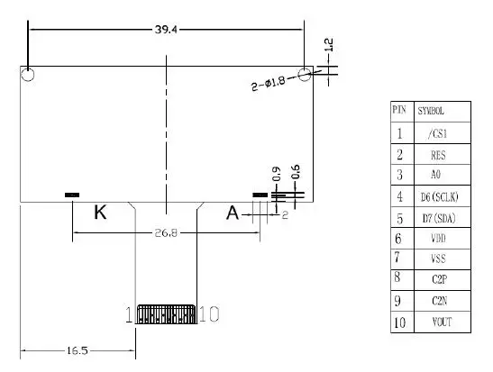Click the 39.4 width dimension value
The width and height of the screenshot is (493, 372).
[x=166, y=30]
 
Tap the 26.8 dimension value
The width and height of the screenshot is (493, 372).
[x=166, y=233]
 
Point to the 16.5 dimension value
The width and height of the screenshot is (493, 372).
[x=78, y=350]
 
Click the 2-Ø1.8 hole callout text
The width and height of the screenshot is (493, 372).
[x=269, y=83]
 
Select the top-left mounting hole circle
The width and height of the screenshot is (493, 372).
[x=28, y=75]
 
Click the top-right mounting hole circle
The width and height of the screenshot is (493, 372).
[x=305, y=74]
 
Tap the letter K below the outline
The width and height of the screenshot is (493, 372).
[x=100, y=212]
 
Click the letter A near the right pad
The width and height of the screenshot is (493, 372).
[x=233, y=213]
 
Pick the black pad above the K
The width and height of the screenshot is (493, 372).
[x=72, y=195]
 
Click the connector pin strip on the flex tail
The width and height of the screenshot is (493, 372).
[x=166, y=313]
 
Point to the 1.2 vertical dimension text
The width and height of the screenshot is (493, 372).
[x=329, y=45]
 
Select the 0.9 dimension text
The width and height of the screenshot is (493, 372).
[x=277, y=174]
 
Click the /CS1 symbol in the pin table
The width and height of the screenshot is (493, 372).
[x=437, y=133]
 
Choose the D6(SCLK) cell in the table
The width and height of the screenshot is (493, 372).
[x=440, y=197]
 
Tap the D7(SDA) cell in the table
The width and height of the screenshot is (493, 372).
[x=439, y=218]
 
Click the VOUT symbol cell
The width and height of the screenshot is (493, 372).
[x=442, y=322]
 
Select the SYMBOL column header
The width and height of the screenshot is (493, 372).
[x=431, y=111]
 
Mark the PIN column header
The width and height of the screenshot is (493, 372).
[x=399, y=110]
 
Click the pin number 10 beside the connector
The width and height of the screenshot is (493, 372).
[x=209, y=313]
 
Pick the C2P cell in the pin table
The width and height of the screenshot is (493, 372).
[x=439, y=279]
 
